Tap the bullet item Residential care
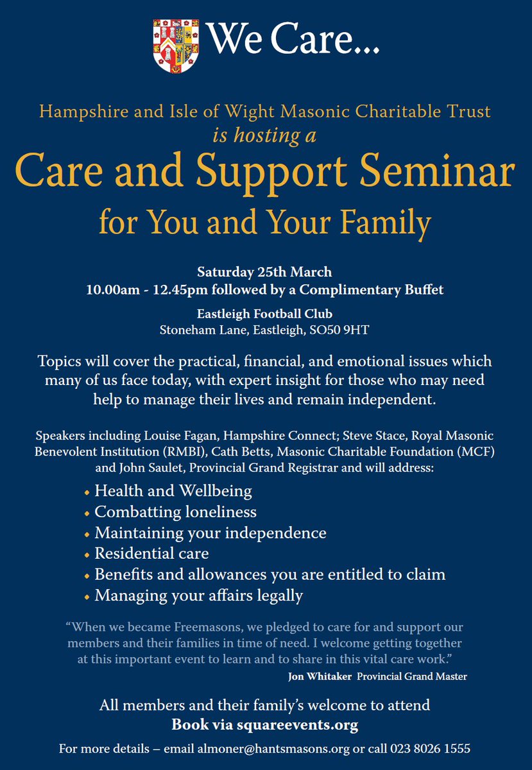pyautogui.click(x=151, y=552)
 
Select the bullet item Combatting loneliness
pyautogui.click(x=175, y=511)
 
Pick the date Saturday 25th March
pyautogui.click(x=266, y=271)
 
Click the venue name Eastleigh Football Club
pyautogui.click(x=266, y=314)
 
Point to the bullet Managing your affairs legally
pyautogui.click(x=198, y=595)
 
